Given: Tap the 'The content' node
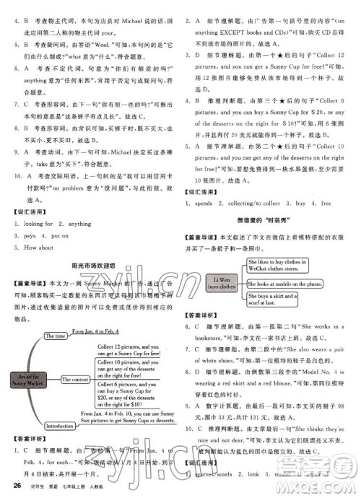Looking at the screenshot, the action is tap(70, 380).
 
